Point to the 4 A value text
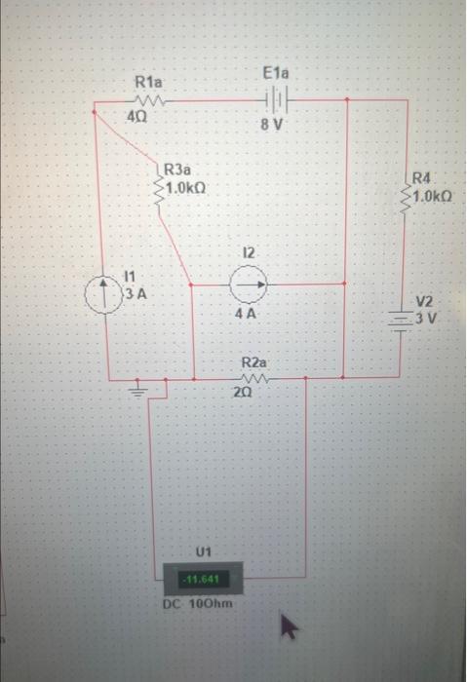click(x=247, y=315)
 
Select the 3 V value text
click(x=427, y=319)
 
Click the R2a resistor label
click(x=253, y=361)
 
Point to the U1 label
click(x=204, y=552)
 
